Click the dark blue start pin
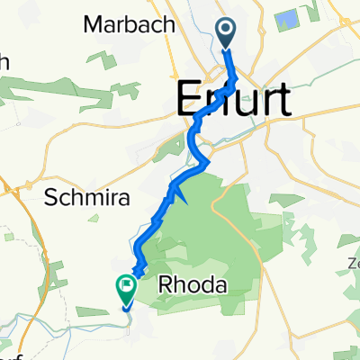(224, 33)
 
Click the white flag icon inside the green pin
(125, 285)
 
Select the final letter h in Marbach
(167, 25)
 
